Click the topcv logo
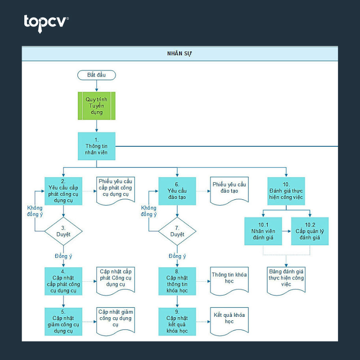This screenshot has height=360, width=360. (x=46, y=24)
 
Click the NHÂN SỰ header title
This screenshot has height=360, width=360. (x=179, y=54)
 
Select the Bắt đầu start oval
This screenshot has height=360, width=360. (x=96, y=75)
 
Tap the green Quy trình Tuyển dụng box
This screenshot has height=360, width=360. (x=96, y=106)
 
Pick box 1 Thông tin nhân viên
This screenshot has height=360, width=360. (x=96, y=146)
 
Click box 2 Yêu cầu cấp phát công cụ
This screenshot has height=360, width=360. (x=63, y=191)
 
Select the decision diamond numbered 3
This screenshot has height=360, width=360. (x=63, y=231)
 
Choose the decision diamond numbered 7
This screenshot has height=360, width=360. (x=177, y=231)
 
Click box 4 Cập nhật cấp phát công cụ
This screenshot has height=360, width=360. (x=63, y=281)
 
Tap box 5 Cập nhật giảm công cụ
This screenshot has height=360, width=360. (x=63, y=322)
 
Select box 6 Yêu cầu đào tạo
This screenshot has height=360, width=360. (x=177, y=191)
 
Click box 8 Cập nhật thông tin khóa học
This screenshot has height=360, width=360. (x=177, y=281)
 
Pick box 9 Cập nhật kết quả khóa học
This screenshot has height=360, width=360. (x=177, y=322)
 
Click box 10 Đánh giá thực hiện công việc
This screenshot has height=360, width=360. (x=286, y=191)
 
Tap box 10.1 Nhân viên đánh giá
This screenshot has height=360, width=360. (x=263, y=231)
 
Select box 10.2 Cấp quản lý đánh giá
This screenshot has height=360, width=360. (x=310, y=231)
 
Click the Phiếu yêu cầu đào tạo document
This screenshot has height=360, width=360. (x=229, y=190)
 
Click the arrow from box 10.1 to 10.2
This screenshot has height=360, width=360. (x=287, y=231)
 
